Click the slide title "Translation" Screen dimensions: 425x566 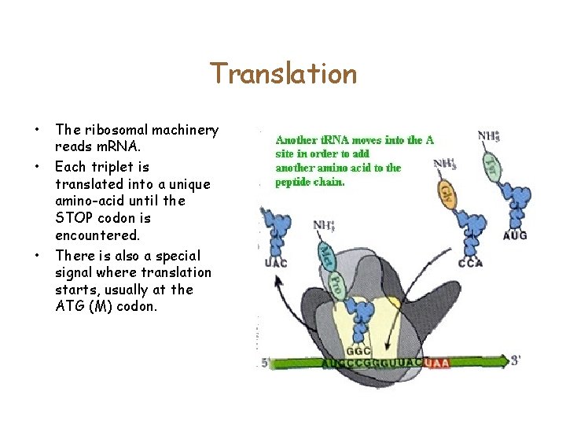pos(283,74)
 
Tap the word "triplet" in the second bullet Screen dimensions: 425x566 pos(115,167)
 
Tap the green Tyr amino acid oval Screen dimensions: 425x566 pos(491,165)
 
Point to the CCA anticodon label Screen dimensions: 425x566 pos(470,263)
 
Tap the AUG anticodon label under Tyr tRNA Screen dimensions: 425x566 pos(514,235)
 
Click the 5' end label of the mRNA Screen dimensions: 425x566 pos(266,364)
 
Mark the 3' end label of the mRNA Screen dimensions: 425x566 pos(516,361)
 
